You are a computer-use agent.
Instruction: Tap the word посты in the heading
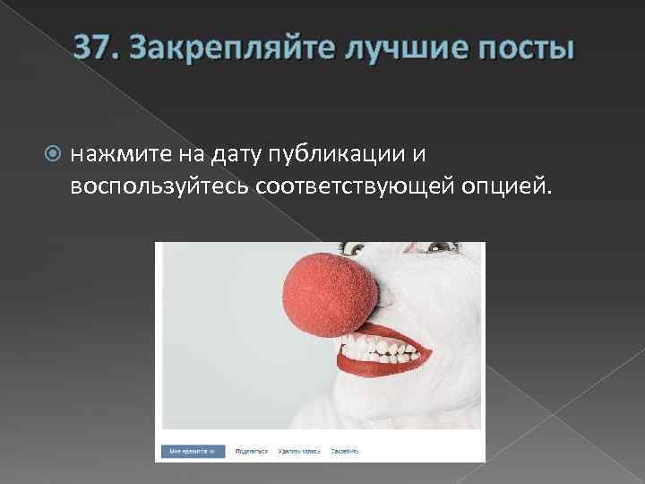point(520,46)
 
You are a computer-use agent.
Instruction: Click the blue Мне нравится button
point(192,451)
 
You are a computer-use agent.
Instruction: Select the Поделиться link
point(252,451)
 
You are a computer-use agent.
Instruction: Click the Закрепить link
point(345,451)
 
